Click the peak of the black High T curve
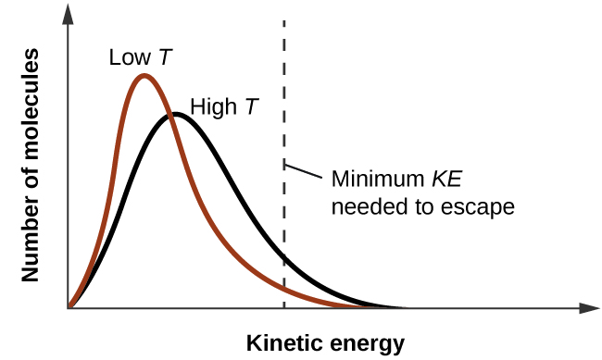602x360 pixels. (x=174, y=115)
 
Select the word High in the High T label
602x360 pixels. (x=211, y=107)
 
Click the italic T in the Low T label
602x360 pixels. (x=164, y=57)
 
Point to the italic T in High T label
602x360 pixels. (x=250, y=107)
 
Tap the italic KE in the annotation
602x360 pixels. (x=437, y=179)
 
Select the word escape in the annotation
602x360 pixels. (x=481, y=205)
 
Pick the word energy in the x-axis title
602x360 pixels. (x=363, y=344)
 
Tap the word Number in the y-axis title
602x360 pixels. (x=31, y=247)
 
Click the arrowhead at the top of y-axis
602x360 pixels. (x=69, y=12)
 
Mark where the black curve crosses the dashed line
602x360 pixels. (x=283, y=259)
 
